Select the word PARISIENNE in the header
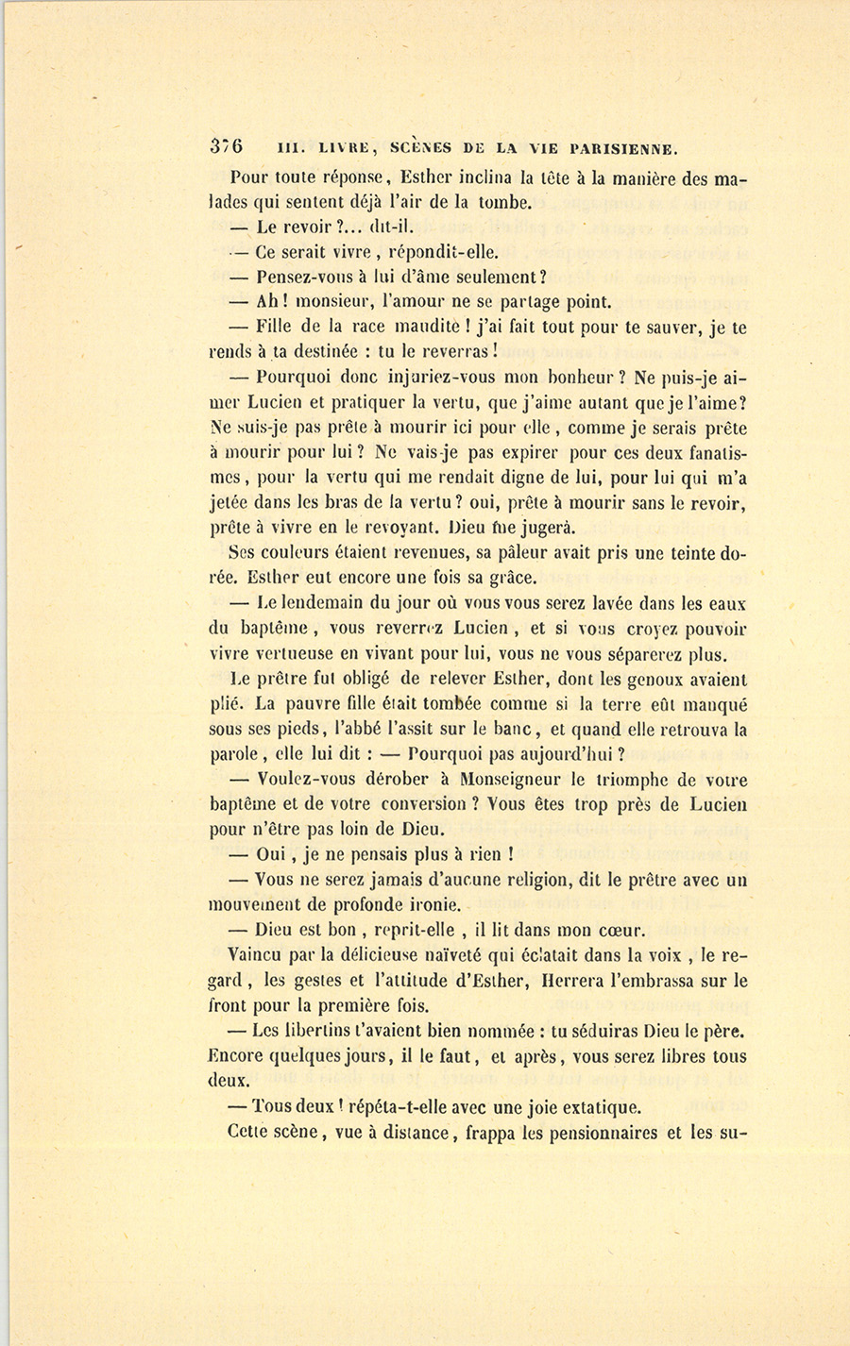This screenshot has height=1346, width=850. [618, 148]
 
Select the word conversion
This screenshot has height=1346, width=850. [423, 805]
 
